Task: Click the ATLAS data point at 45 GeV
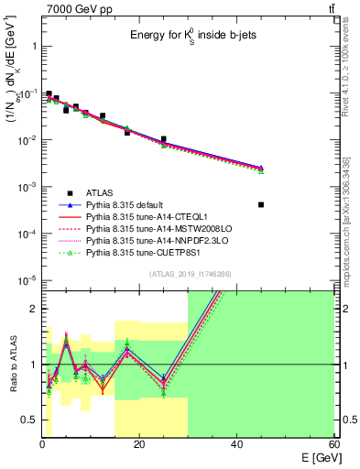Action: click(261, 204)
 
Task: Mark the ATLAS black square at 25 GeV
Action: click(164, 139)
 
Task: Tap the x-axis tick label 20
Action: click(139, 442)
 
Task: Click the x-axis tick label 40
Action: click(236, 442)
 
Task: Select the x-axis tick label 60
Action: click(333, 442)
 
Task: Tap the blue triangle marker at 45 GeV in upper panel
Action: click(261, 168)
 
